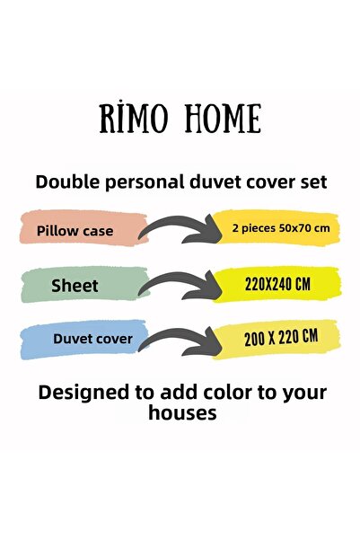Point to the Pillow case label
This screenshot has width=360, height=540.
click(x=75, y=231)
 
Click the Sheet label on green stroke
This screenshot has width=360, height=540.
click(x=75, y=286)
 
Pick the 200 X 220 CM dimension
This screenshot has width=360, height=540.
click(x=281, y=337)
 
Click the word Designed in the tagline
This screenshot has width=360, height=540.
click(x=80, y=393)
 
